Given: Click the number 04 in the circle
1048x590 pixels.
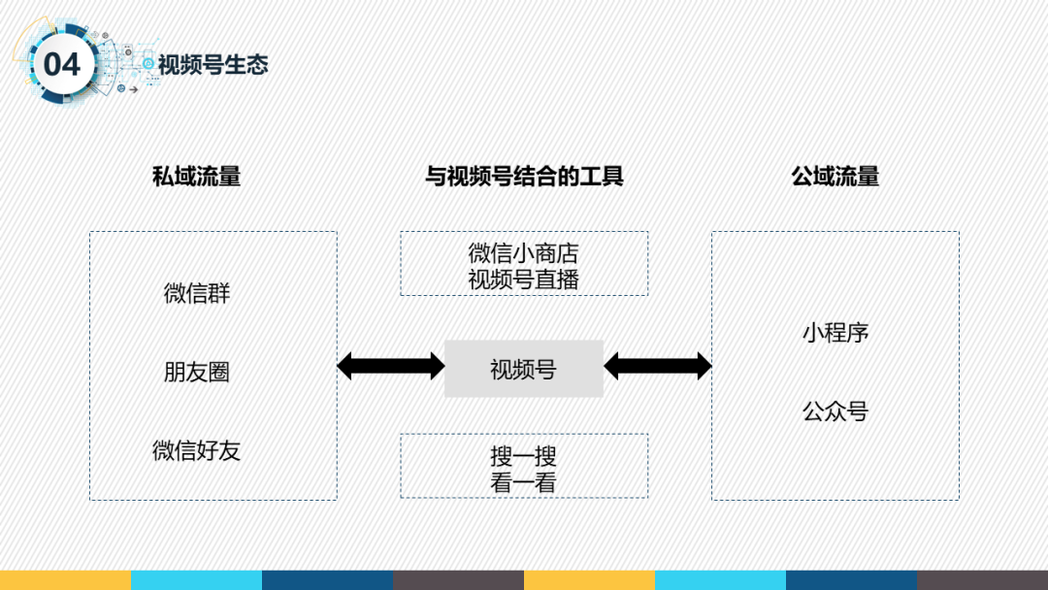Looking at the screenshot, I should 62,65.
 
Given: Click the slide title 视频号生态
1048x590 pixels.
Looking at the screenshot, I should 213,65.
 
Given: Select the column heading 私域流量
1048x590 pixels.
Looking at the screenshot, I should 196,176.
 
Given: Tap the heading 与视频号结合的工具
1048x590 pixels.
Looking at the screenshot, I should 524,176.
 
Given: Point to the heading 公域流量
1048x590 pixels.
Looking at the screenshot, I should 835,176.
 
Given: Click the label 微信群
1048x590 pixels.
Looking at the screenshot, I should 197,293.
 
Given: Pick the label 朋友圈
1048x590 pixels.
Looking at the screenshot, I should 197,372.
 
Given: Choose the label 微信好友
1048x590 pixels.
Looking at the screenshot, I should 197,450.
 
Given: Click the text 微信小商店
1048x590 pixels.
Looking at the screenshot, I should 523,253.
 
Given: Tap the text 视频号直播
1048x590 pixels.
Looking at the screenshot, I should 523,279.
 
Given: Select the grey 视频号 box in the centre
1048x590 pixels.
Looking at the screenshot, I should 524,369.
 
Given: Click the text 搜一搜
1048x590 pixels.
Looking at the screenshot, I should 523,456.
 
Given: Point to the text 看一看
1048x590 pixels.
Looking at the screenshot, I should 523,482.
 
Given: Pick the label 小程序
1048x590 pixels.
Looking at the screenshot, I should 835,333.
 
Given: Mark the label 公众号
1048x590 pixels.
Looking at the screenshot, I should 835,411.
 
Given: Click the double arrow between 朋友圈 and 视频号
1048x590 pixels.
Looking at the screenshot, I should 390,366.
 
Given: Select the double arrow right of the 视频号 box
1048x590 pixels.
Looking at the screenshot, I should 658,366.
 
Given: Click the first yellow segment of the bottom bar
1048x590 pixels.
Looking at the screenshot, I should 65,580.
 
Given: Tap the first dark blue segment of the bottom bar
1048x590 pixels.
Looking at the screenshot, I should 327,580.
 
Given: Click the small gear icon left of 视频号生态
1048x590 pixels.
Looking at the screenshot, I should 147,64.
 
